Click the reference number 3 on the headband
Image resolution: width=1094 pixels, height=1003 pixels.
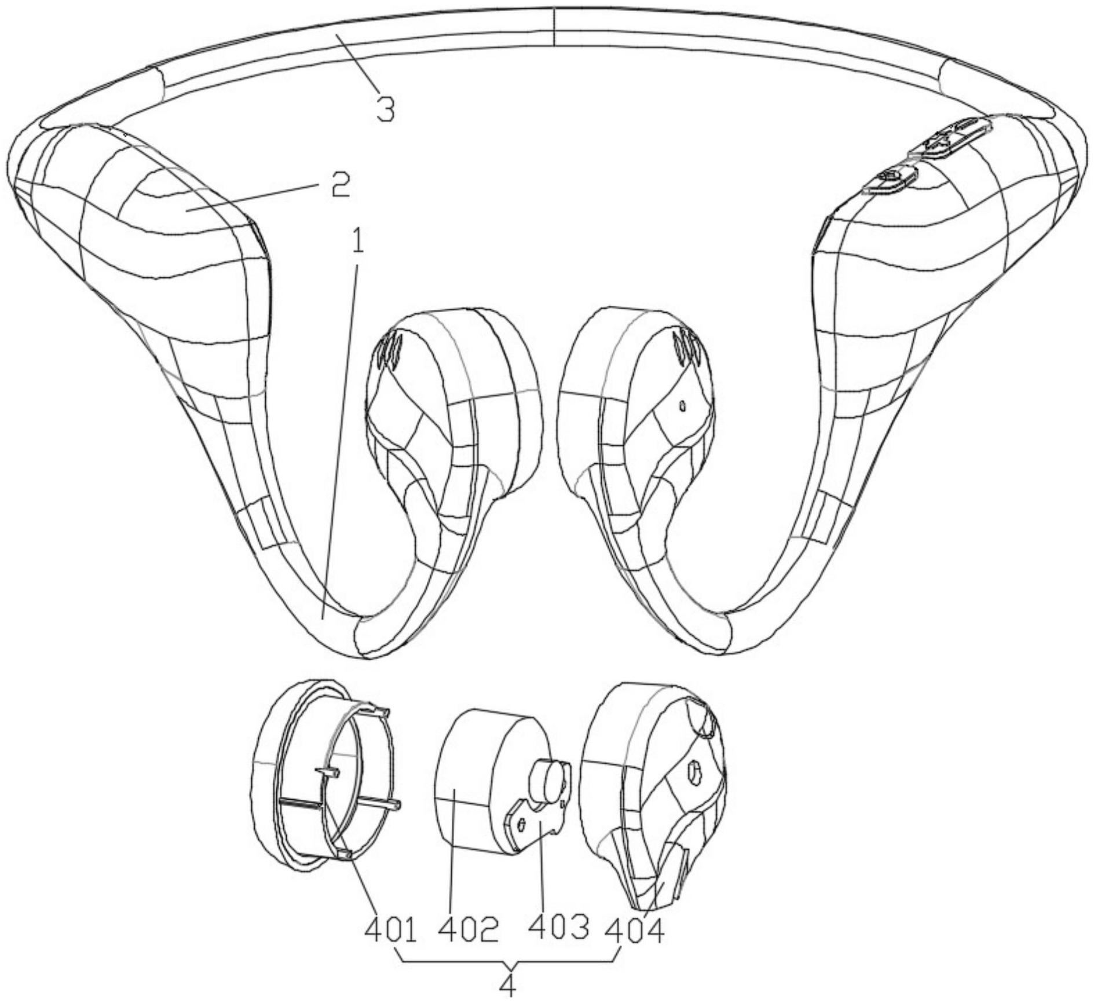click(385, 108)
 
